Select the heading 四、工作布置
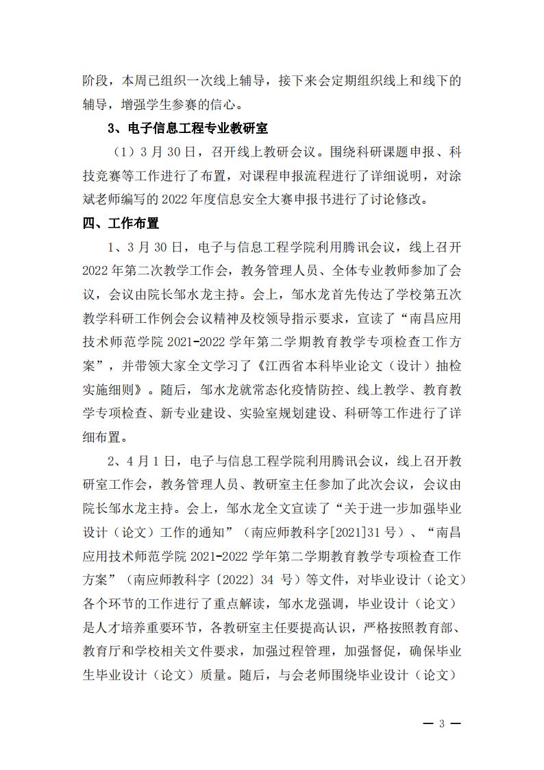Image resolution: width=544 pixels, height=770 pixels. pyautogui.click(x=121, y=224)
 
